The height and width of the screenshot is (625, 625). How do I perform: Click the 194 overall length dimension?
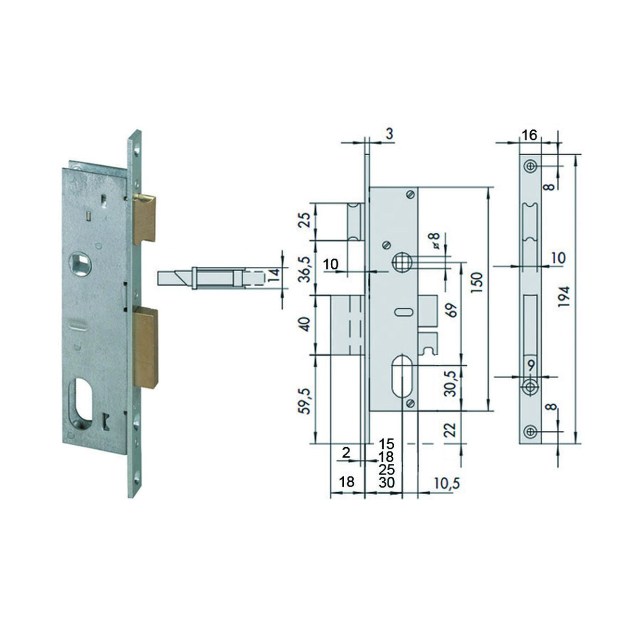(565, 297)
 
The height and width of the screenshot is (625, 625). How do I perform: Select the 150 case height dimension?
(477, 282)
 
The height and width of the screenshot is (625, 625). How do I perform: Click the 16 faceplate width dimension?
(530, 135)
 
